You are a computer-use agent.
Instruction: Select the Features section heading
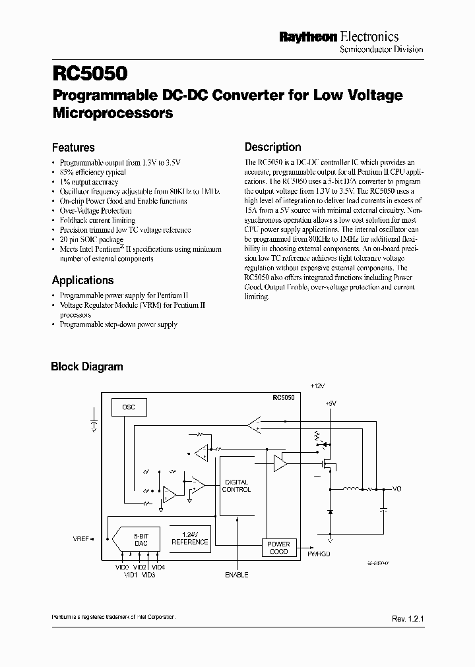tap(73, 148)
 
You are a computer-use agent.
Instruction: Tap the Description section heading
tap(272, 147)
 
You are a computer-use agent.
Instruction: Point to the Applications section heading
tap(82, 280)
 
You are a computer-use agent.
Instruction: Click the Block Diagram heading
tap(87, 366)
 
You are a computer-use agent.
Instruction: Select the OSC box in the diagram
tap(128, 407)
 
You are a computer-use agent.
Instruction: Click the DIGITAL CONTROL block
tap(236, 486)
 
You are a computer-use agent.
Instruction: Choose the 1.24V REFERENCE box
tap(189, 538)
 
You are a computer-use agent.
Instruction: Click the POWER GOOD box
tap(279, 548)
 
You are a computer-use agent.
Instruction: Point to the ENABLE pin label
tap(236, 575)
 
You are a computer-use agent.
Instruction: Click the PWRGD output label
tap(319, 554)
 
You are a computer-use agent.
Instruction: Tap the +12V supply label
tap(318, 385)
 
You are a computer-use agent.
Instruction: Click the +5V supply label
tap(331, 403)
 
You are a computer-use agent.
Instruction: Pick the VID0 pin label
tap(121, 567)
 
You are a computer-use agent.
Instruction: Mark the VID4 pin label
tap(158, 567)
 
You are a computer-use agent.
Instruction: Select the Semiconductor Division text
tap(381, 49)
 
